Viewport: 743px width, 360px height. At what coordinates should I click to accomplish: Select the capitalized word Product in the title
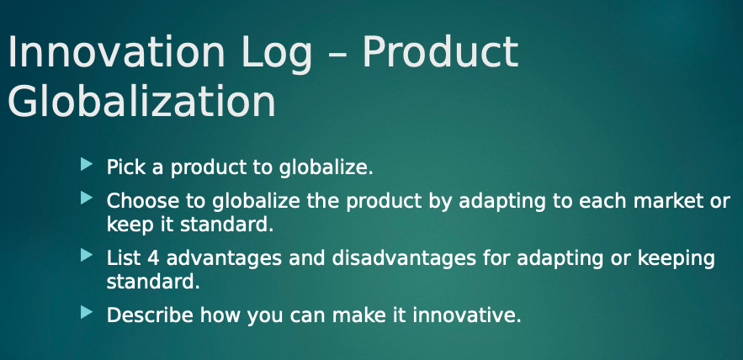point(440,54)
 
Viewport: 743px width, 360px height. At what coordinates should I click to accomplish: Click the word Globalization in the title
point(141,102)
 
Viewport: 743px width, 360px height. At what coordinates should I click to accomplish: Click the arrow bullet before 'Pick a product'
point(85,164)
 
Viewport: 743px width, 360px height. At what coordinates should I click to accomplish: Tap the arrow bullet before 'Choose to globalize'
point(85,199)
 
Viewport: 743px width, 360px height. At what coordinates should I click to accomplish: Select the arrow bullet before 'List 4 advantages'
point(85,255)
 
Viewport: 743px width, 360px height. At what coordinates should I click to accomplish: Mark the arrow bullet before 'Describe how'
point(85,313)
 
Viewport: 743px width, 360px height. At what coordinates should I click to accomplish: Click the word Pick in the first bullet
point(123,167)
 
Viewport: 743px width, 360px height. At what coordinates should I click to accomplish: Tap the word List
point(123,257)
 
